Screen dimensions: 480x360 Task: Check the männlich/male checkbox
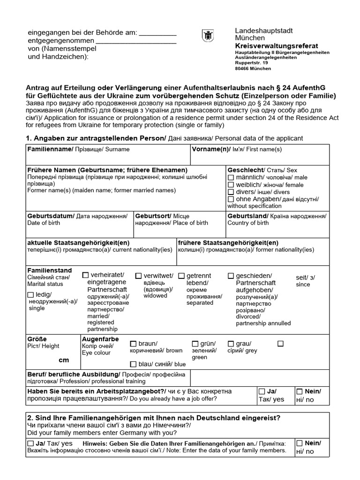(x=231, y=178)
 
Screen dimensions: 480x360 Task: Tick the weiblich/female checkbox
(x=231, y=185)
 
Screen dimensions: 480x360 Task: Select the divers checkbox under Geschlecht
(x=231, y=192)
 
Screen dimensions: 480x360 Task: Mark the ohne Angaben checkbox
(x=231, y=199)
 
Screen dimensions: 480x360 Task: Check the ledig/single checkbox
(x=31, y=295)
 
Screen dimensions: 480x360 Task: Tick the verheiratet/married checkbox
(x=85, y=275)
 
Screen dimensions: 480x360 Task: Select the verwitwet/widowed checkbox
(x=139, y=276)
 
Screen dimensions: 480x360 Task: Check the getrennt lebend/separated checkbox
(x=182, y=276)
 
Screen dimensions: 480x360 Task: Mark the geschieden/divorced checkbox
(x=231, y=276)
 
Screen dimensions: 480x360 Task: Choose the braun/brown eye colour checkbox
(x=133, y=344)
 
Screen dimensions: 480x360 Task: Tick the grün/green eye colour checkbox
(x=195, y=344)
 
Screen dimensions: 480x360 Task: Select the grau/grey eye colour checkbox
(x=231, y=344)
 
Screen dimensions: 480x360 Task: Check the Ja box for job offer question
(x=262, y=391)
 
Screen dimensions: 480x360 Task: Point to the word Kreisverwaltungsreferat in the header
(x=276, y=45)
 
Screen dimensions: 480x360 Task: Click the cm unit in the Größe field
(x=63, y=360)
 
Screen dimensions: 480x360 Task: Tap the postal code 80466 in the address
(x=242, y=68)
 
